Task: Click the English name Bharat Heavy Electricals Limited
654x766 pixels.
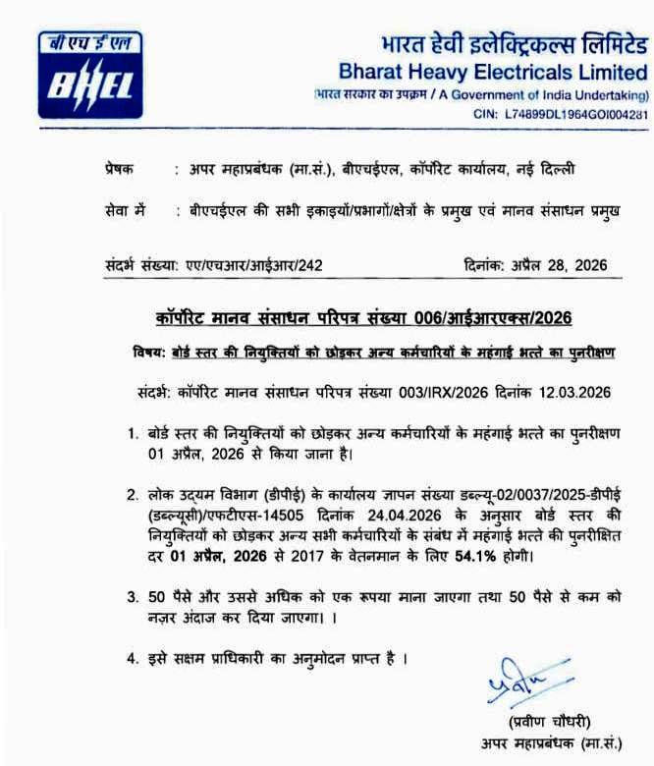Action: click(492, 71)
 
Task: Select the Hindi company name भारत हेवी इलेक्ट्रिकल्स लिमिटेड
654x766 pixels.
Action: click(514, 44)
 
